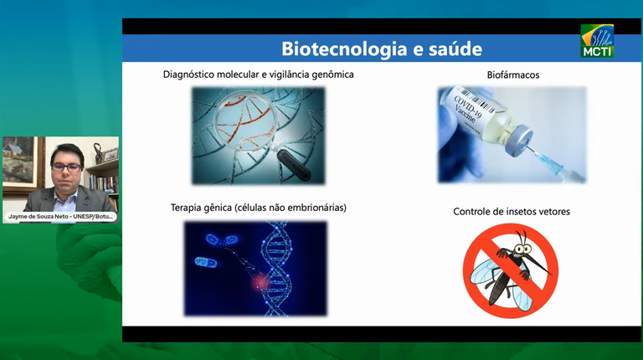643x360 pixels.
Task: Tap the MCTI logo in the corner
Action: pyautogui.click(x=597, y=41)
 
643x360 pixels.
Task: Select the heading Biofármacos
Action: pyautogui.click(x=512, y=75)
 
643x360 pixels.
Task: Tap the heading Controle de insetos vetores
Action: pyautogui.click(x=512, y=211)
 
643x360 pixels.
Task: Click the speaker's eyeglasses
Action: pyautogui.click(x=66, y=166)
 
